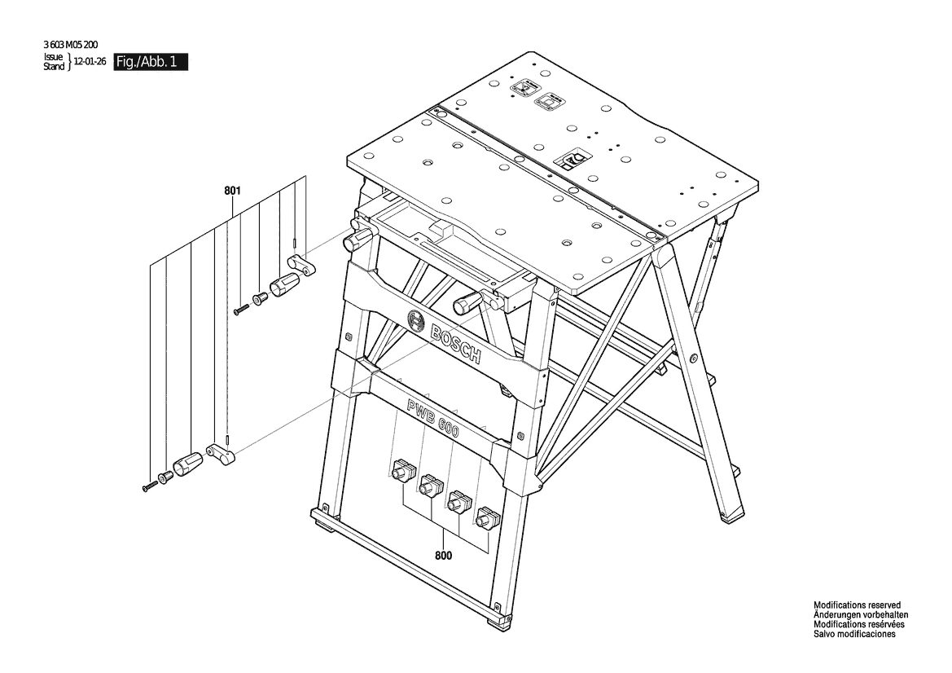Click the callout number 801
[x=233, y=191]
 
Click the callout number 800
[x=444, y=555]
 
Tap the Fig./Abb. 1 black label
[x=151, y=62]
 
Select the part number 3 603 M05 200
[x=71, y=44]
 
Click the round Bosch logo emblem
[x=416, y=319]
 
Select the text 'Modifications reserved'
[x=858, y=605]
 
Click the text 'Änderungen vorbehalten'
[x=861, y=614]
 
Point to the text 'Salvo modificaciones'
[x=854, y=634]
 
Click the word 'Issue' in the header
[x=53, y=57]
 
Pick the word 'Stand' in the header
[x=54, y=66]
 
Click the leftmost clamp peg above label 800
[x=402, y=471]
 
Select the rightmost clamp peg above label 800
[x=486, y=518]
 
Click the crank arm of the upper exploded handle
[x=301, y=266]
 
